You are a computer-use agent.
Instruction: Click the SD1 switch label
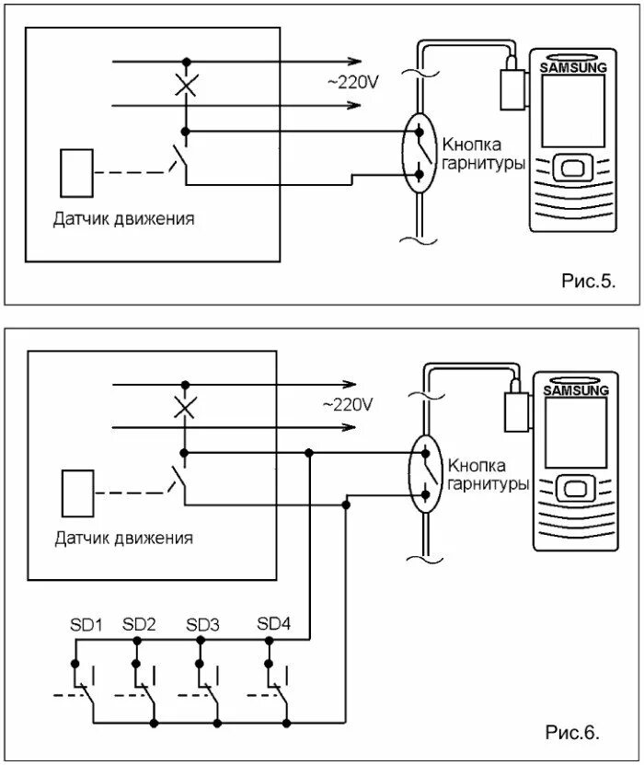click(86, 625)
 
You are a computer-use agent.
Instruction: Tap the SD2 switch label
click(139, 624)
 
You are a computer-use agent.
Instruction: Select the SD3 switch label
click(202, 625)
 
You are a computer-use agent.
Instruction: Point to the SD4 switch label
click(274, 623)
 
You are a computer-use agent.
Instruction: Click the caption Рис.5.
click(589, 281)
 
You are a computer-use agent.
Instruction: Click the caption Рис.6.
click(572, 732)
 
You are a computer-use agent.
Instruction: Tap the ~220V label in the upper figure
click(352, 83)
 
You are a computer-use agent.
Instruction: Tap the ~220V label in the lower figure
click(348, 404)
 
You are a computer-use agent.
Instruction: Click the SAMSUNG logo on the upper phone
click(573, 67)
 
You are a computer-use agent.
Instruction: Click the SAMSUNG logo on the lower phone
click(576, 390)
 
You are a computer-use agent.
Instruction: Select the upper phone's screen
click(573, 110)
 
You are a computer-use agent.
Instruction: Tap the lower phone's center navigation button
click(575, 489)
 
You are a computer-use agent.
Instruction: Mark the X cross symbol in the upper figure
click(186, 86)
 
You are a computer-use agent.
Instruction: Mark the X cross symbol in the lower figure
click(185, 408)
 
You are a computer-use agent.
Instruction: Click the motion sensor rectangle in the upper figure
click(76, 173)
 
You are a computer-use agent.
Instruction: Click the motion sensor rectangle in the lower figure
click(78, 493)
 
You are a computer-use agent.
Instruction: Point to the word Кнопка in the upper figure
click(471, 145)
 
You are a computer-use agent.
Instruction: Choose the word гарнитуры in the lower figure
click(488, 484)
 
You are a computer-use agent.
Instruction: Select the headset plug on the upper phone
click(512, 87)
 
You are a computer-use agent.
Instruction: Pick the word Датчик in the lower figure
click(80, 539)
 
